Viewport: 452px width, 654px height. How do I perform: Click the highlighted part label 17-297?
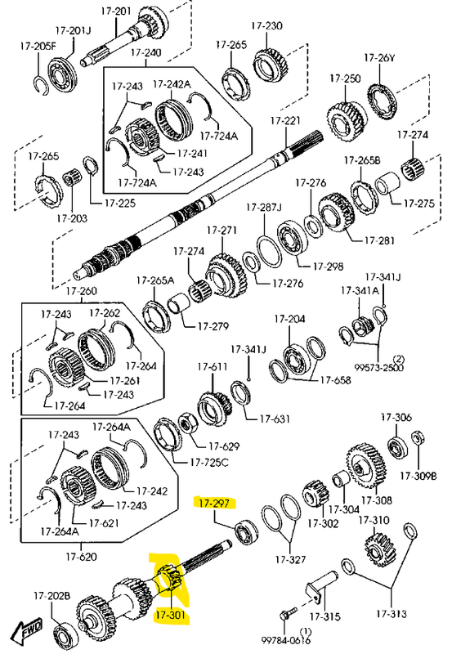tap(214, 503)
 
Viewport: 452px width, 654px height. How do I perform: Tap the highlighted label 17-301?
tap(171, 615)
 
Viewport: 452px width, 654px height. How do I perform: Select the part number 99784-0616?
tap(285, 639)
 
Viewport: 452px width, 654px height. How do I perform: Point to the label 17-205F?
tap(38, 46)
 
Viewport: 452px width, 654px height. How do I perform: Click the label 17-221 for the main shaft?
tap(285, 120)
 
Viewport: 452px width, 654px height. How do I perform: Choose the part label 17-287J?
tap(263, 207)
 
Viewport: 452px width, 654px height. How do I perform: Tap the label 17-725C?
tap(209, 462)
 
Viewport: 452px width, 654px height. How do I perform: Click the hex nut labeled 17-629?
tap(186, 424)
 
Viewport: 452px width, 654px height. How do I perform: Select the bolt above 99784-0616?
tap(289, 611)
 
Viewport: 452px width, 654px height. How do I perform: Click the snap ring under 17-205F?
tap(40, 86)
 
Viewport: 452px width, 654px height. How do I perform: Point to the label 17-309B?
tap(418, 476)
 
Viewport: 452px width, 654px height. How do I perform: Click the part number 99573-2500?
tap(379, 368)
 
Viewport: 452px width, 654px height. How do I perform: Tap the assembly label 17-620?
tap(81, 557)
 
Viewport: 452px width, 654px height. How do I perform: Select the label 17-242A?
tap(172, 84)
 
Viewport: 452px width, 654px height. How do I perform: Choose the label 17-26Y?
tap(379, 58)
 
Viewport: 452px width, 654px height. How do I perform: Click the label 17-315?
tap(324, 616)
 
